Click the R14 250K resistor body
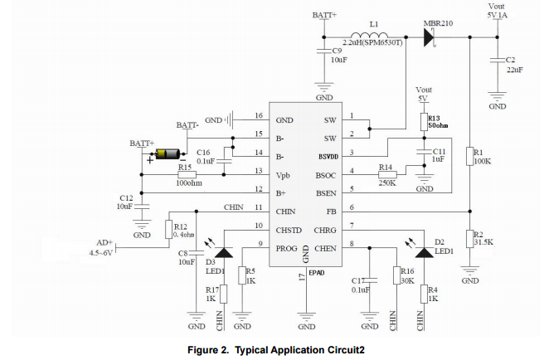tap(386, 175)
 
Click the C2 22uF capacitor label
tap(510, 66)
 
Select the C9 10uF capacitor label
tap(338, 56)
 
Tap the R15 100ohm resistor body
tap(186, 175)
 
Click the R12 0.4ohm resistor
tap(168, 230)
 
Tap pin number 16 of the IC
tap(259, 116)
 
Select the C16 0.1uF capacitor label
tap(203, 157)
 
